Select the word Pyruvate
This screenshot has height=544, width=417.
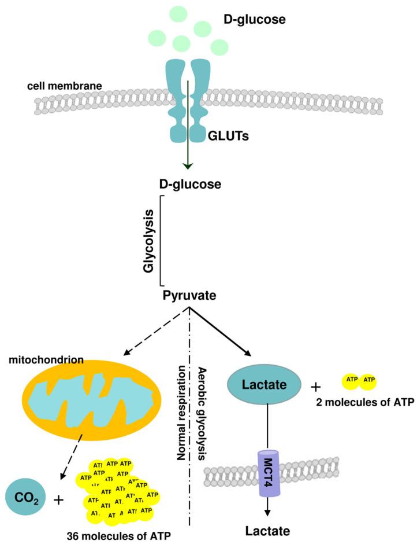pyautogui.click(x=189, y=295)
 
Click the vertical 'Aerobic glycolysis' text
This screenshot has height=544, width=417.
pyautogui.click(x=202, y=412)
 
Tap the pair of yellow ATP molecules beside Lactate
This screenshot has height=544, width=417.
pyautogui.click(x=360, y=380)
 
